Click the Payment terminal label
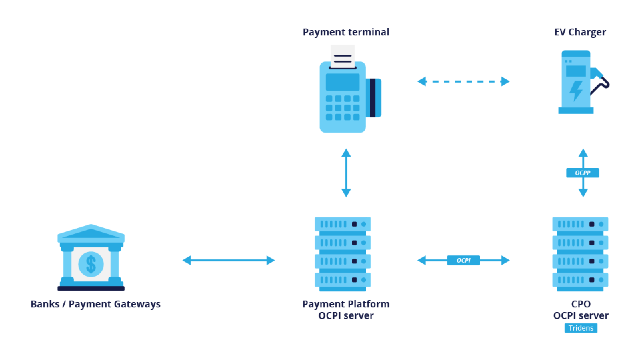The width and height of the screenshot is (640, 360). coord(345,32)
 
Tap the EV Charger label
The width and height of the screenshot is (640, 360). coord(580,32)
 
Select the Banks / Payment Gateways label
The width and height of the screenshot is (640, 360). coord(95,304)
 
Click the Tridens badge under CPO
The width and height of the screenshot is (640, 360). coord(581,328)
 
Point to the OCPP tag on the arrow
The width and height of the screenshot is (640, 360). coord(583,173)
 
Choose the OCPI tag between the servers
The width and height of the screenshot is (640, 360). coord(463,260)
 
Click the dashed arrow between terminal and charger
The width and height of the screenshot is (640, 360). coord(463,81)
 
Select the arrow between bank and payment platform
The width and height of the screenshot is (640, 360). coord(229,260)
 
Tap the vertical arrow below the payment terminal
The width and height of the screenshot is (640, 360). coord(346,173)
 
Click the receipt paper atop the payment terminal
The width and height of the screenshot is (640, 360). coord(343,57)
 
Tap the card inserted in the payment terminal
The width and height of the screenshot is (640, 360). coord(374,98)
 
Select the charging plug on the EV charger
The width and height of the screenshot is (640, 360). coord(599,74)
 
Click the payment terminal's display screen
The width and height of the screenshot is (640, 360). coord(343,82)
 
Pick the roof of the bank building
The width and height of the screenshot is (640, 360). coord(91,233)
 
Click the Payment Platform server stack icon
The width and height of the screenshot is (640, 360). coord(343,253)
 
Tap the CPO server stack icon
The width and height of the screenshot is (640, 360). coord(580,253)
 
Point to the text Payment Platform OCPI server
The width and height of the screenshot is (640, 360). coord(346,309)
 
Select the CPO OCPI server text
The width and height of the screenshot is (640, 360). coord(581,310)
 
